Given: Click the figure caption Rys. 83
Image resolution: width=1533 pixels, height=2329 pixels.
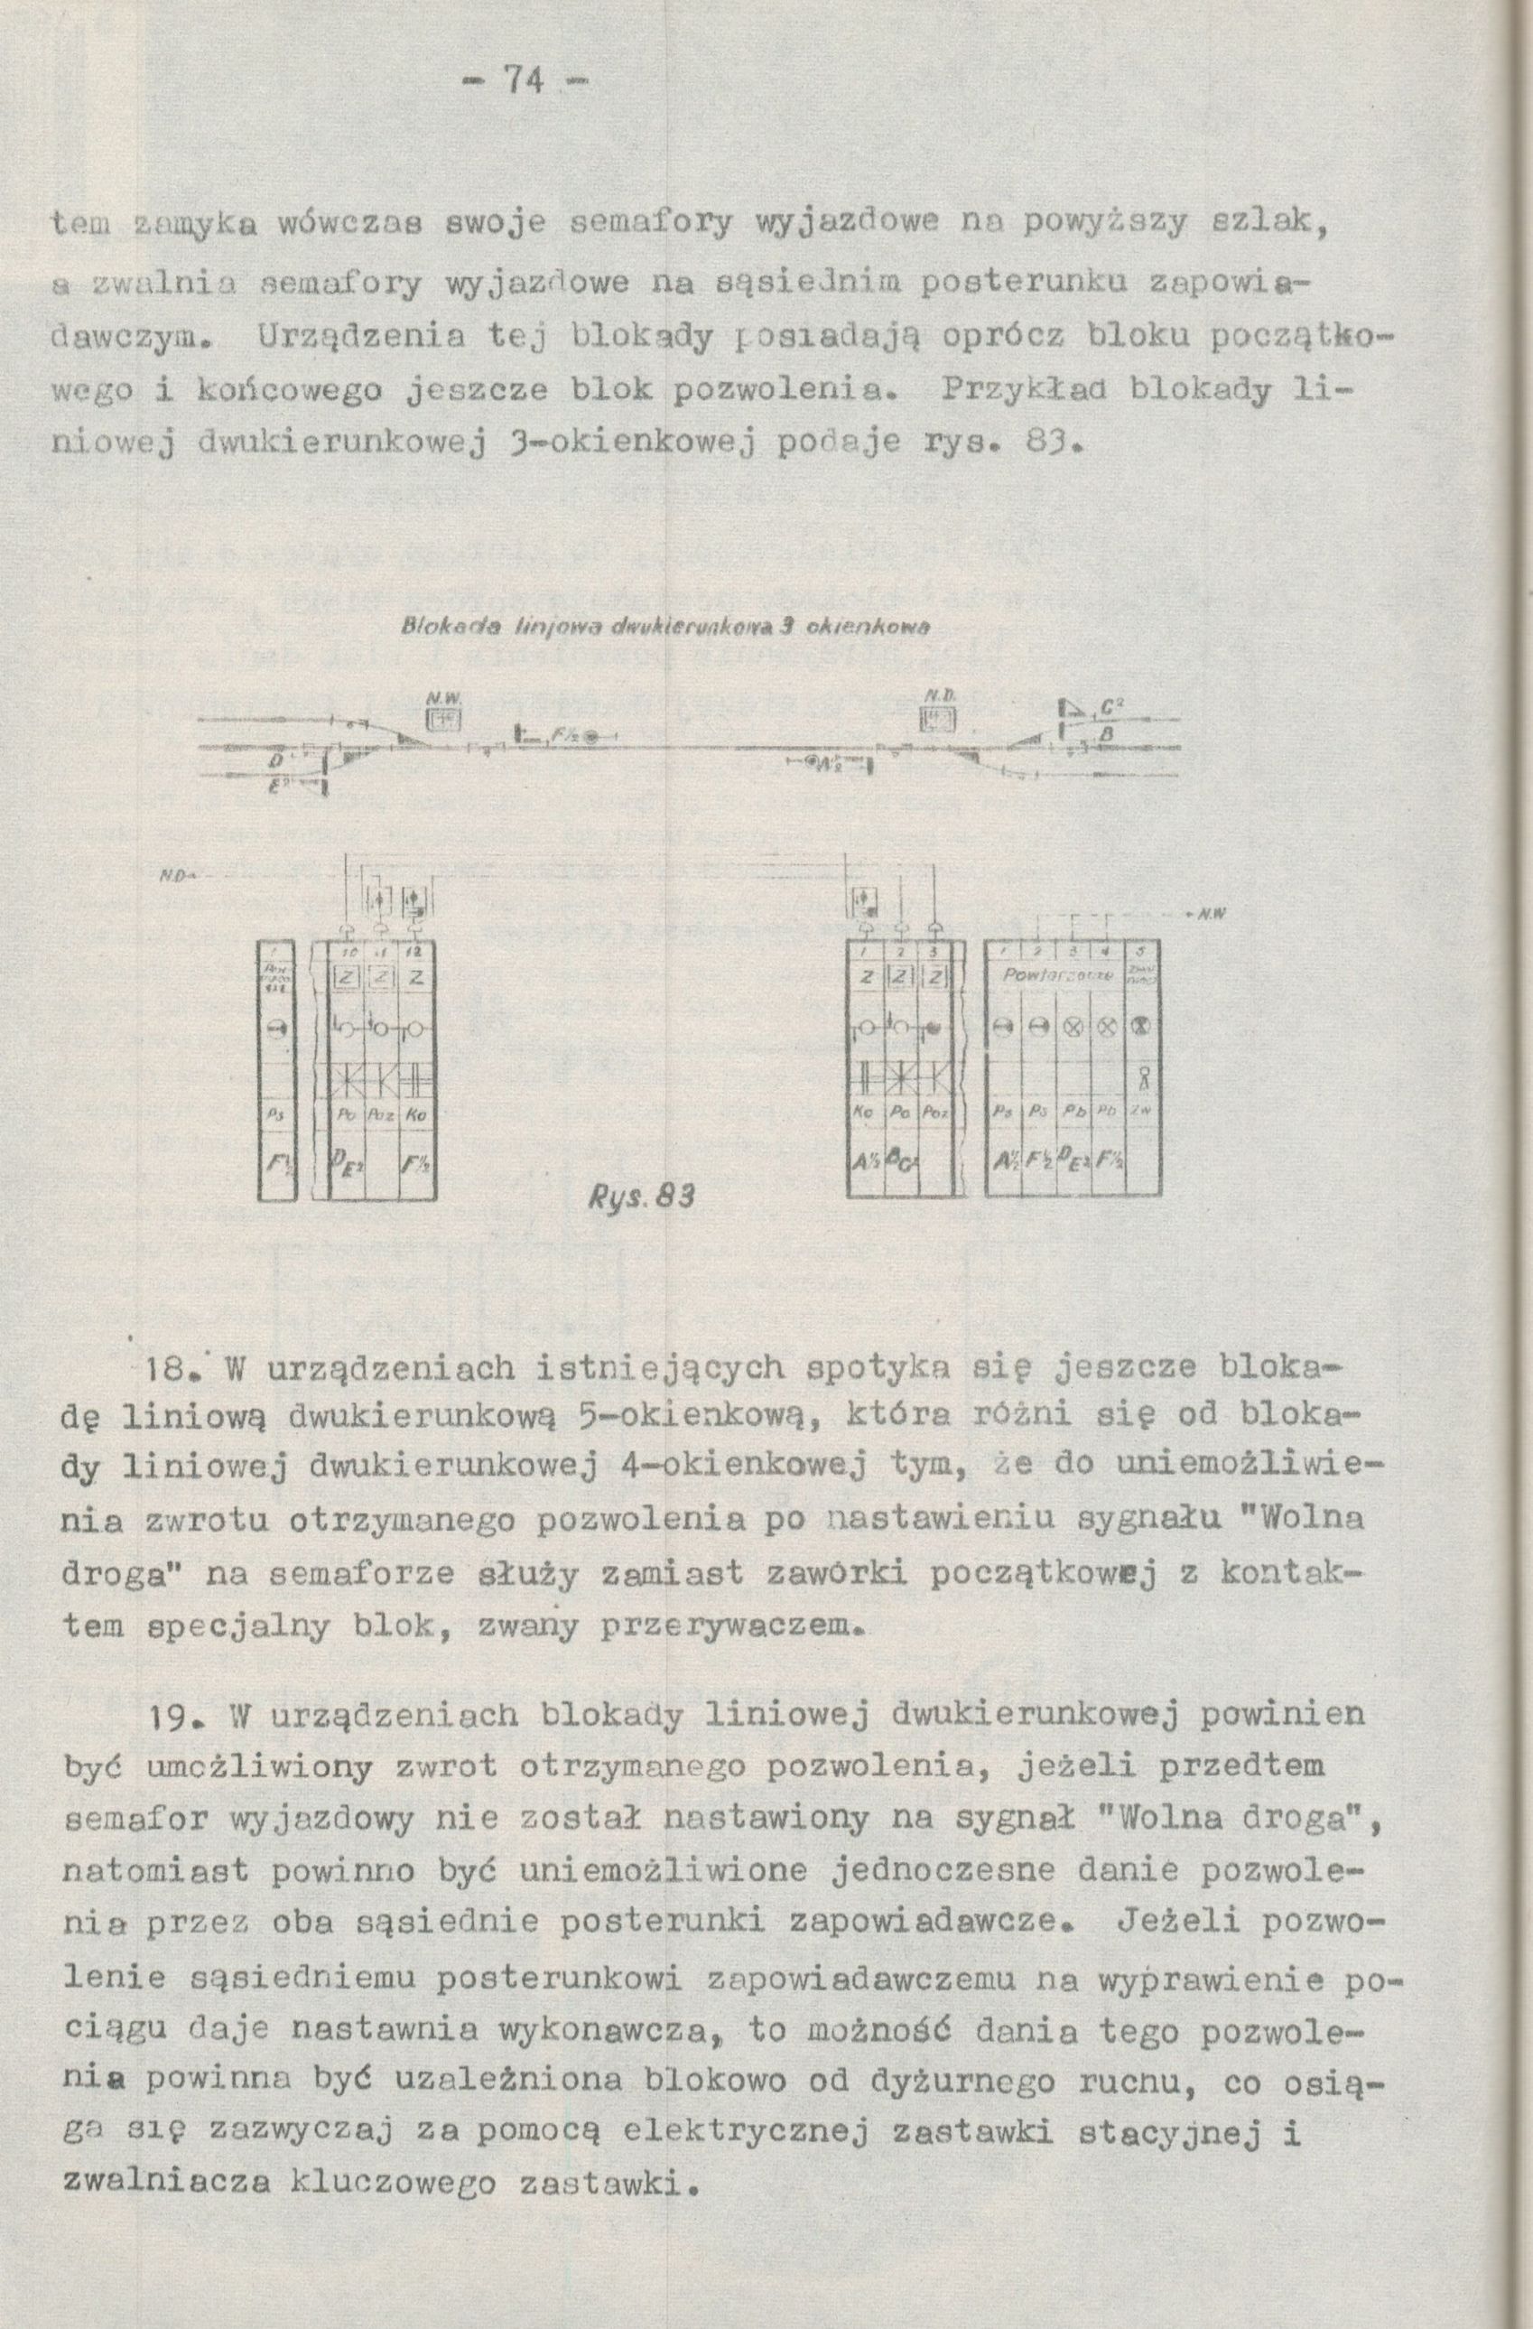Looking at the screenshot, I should point(642,1196).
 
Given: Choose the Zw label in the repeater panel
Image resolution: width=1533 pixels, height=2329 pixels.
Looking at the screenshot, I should point(1140,1109).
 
